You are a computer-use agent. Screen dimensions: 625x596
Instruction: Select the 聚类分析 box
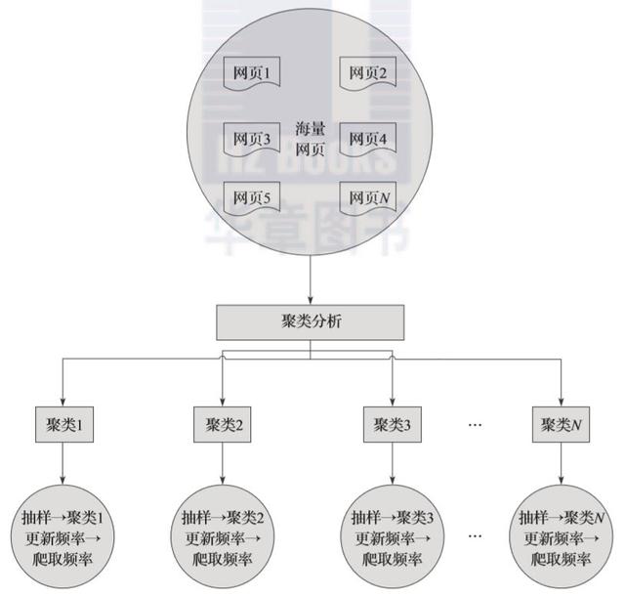310,320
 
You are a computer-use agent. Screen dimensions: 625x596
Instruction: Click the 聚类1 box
63,425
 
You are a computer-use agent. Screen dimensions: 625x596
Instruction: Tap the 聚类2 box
224,425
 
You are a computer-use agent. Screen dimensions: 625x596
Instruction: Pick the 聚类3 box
392,425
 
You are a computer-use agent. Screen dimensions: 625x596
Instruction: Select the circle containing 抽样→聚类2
224,536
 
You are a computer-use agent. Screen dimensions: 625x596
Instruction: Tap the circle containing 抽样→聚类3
392,536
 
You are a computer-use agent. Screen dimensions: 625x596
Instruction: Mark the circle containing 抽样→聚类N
560,536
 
